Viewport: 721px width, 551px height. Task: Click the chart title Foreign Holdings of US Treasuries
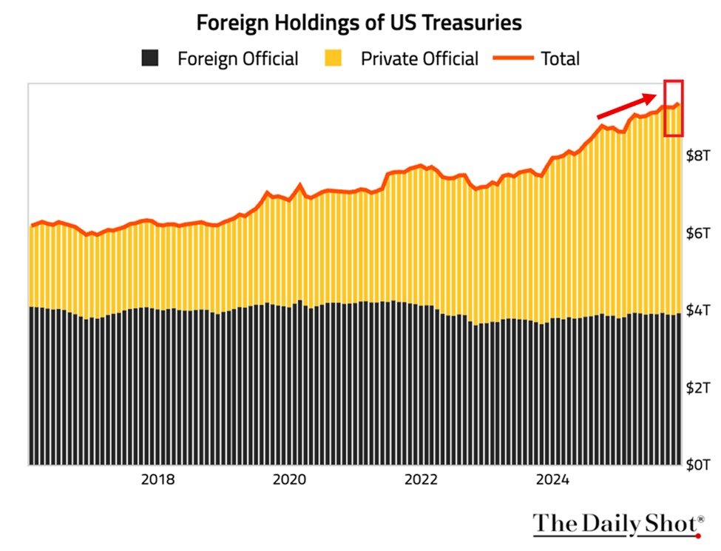tap(359, 23)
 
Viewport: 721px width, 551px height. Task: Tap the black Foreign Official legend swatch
tap(151, 58)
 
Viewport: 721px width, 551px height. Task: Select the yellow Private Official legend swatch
tap(334, 58)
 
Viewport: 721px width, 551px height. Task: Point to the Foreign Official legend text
tap(237, 59)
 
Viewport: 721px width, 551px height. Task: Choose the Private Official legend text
tap(419, 59)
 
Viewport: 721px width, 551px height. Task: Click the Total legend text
tap(561, 59)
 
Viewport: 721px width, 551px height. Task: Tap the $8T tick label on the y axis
tap(698, 155)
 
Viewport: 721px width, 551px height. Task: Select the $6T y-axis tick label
tap(698, 233)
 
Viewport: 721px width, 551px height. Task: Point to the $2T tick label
tap(698, 388)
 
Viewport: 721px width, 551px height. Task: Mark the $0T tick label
tap(698, 464)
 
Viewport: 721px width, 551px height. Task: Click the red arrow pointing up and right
tap(626, 106)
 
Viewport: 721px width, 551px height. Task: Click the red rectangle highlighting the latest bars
tap(673, 108)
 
